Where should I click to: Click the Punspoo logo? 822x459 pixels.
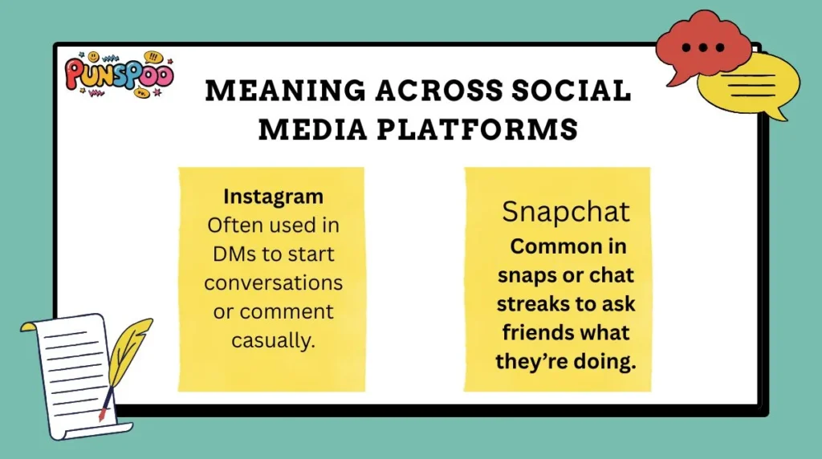pyautogui.click(x=118, y=75)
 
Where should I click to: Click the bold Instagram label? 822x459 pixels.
pyautogui.click(x=273, y=196)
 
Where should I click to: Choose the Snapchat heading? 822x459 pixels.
pyautogui.click(x=566, y=212)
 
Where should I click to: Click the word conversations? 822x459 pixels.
pyautogui.click(x=273, y=282)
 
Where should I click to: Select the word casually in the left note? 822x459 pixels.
pyautogui.click(x=273, y=340)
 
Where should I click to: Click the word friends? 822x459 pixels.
pyautogui.click(x=536, y=331)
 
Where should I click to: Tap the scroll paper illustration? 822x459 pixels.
pyautogui.click(x=68, y=373)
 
